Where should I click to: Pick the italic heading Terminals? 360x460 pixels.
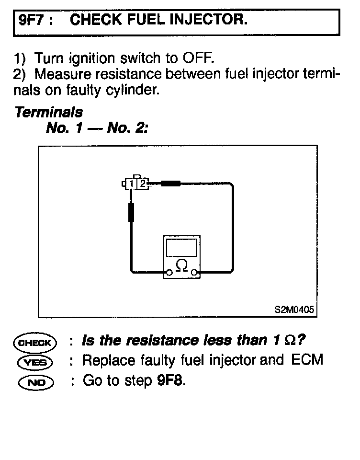pyautogui.click(x=48, y=113)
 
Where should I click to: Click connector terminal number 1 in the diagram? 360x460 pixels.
pyautogui.click(x=131, y=183)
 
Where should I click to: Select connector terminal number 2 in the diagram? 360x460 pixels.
pyautogui.click(x=143, y=183)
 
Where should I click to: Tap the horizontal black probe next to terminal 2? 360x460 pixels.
pyautogui.click(x=170, y=183)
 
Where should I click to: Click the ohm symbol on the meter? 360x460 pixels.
pyautogui.click(x=181, y=264)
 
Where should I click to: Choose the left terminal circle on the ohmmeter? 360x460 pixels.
pyautogui.click(x=169, y=274)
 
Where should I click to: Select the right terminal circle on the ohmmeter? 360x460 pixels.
pyautogui.click(x=194, y=274)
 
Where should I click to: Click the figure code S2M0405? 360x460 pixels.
pyautogui.click(x=294, y=310)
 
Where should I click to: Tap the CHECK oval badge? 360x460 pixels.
pyautogui.click(x=35, y=343)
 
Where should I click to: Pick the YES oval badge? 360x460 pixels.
pyautogui.click(x=35, y=362)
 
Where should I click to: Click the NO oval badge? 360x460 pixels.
pyautogui.click(x=35, y=382)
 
